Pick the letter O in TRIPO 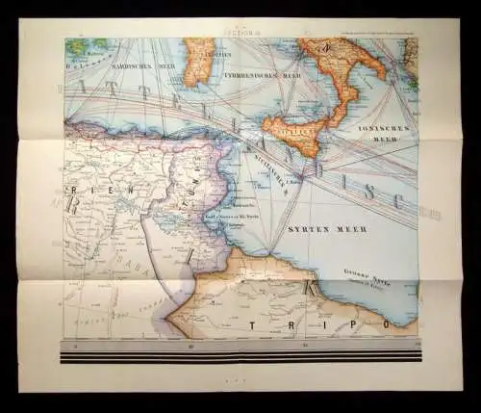point(382,325)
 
